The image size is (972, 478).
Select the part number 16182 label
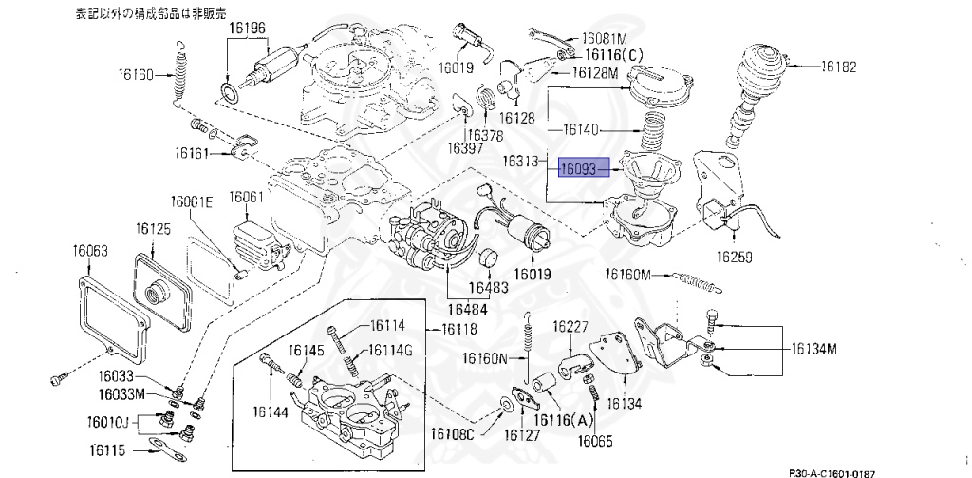839,67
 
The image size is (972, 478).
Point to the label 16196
246,29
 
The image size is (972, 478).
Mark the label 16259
734,257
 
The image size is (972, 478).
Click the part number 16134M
815,348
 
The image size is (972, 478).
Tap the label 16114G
390,350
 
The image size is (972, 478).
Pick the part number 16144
271,411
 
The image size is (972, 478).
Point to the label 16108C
452,434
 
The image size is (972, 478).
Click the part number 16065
595,440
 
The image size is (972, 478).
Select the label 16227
571,325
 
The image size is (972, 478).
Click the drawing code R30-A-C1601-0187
832,471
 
